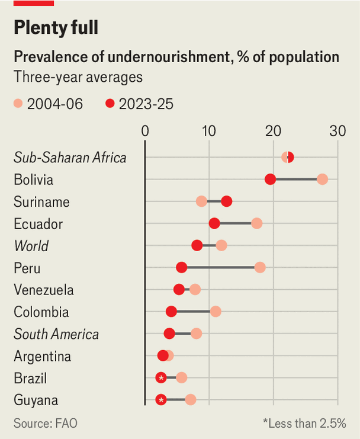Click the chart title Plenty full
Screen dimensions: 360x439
56,28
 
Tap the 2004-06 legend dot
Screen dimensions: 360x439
18,103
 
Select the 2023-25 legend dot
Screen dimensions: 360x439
110,103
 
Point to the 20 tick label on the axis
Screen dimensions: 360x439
273,131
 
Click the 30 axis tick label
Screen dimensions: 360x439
337,131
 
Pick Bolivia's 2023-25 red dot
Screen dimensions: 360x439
270,179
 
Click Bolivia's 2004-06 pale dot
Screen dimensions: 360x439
322,179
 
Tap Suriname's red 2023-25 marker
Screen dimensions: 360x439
227,201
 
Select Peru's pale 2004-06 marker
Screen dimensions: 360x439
260,267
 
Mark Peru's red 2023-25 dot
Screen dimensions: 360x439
182,267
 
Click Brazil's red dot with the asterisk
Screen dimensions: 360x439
161,378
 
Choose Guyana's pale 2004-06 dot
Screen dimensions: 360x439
191,399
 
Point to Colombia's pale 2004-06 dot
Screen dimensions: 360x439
216,312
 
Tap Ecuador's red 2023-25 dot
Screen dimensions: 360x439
214,223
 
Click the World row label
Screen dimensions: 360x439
31,246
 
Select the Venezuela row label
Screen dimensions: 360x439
44,290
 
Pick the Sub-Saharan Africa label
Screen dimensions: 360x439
70,158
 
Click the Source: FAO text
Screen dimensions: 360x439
46,423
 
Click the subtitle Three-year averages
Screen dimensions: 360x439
78,77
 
